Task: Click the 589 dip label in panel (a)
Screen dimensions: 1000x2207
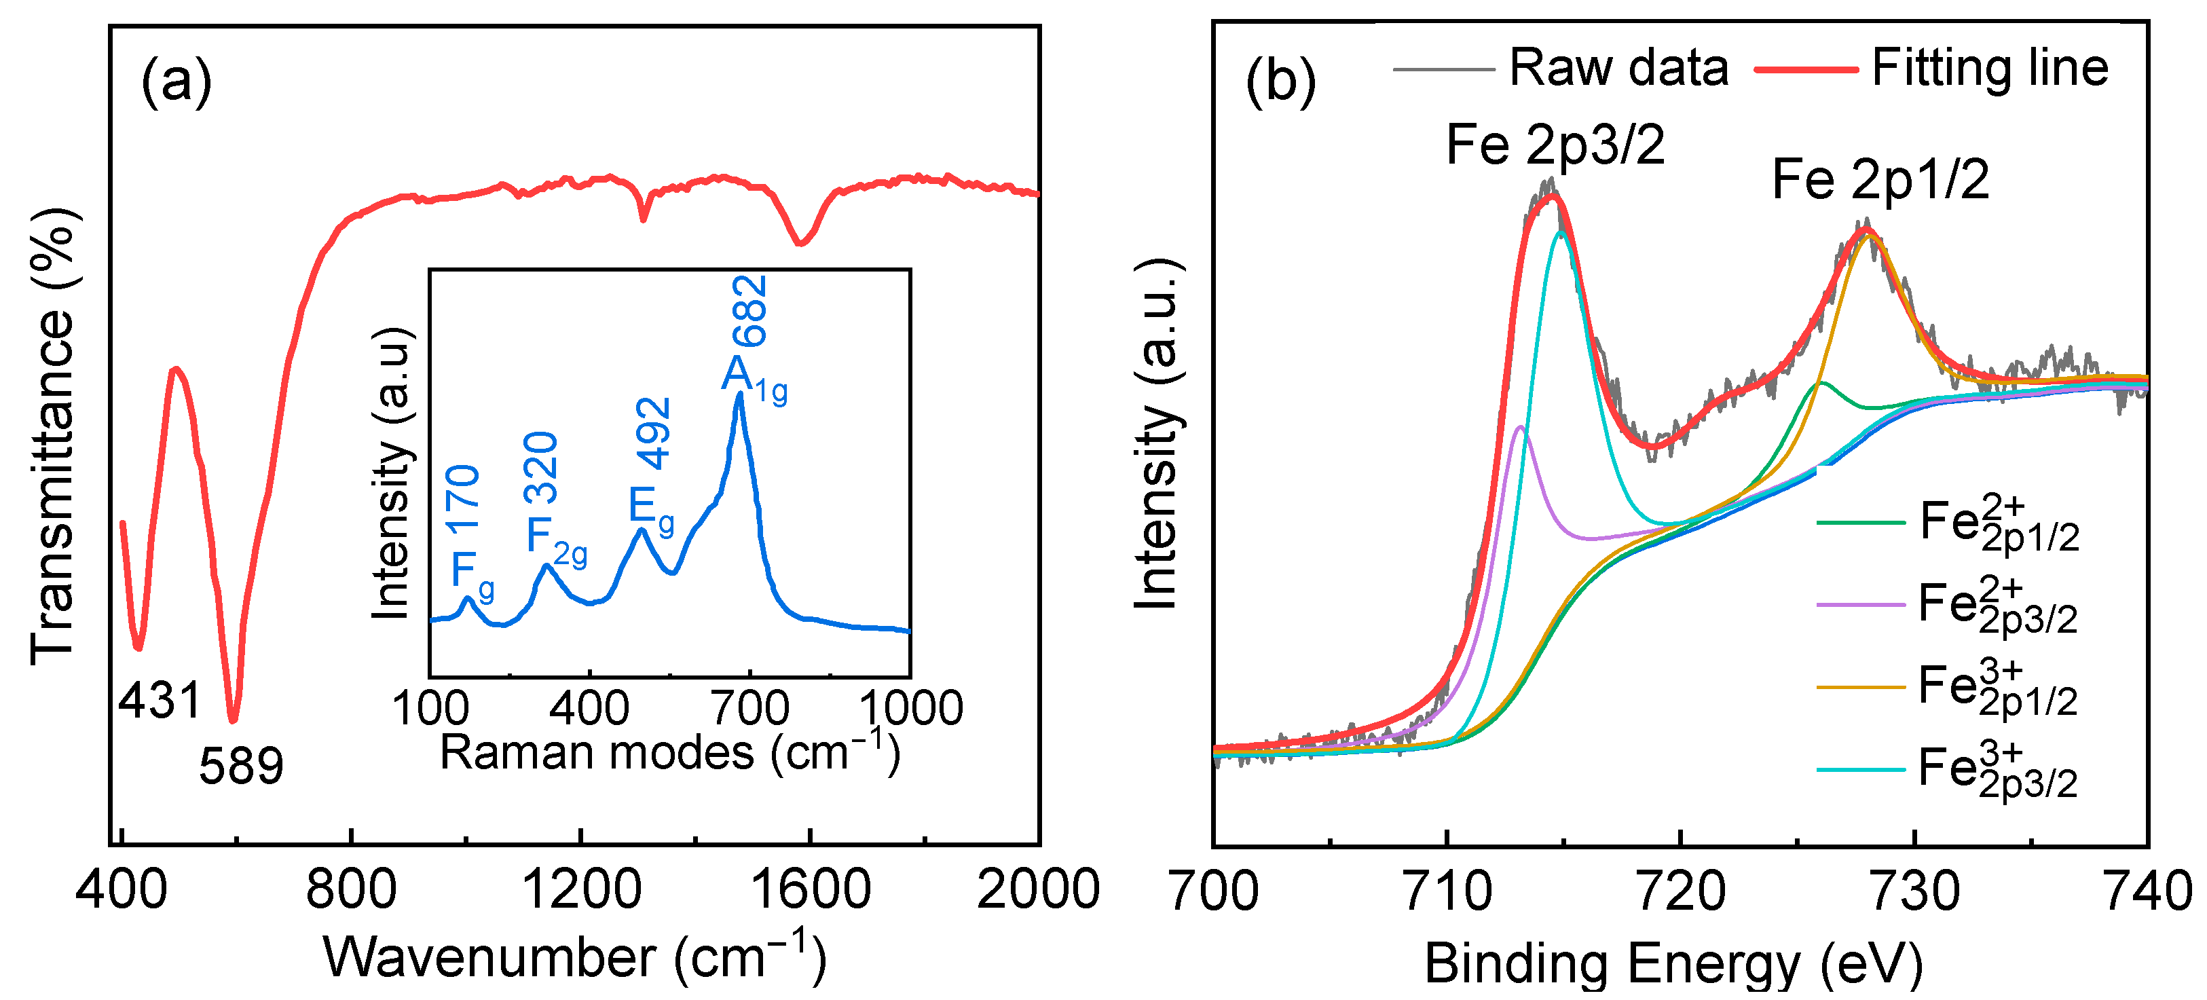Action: click(241, 765)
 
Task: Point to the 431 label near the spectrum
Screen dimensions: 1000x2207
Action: click(160, 700)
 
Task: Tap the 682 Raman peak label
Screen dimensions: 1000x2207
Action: click(749, 310)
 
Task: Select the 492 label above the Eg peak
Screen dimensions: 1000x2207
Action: click(655, 434)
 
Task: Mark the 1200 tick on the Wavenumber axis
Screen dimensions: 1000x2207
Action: click(581, 889)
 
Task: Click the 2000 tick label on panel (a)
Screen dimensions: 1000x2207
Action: click(1037, 889)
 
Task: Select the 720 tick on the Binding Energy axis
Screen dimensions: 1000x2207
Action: click(1680, 891)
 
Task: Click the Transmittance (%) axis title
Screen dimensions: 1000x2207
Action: click(53, 435)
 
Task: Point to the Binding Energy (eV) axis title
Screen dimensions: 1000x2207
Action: click(1673, 964)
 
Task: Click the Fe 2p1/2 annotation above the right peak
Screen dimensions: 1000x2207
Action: click(1880, 180)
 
